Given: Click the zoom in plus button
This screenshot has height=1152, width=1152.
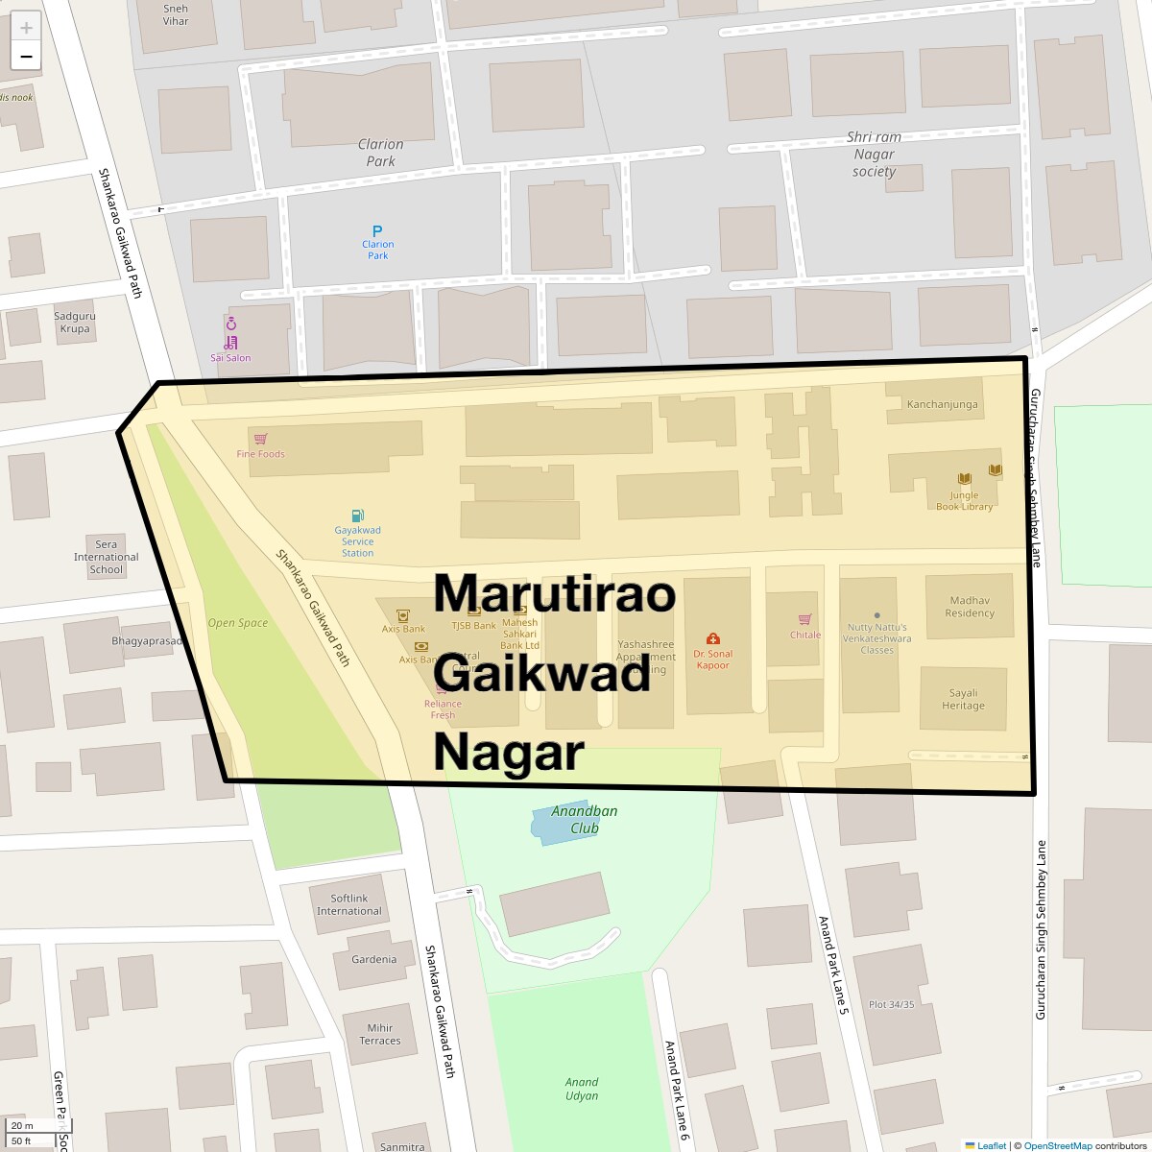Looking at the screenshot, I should pos(26,27).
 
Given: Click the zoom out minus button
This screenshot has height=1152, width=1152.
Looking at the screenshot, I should pos(26,56).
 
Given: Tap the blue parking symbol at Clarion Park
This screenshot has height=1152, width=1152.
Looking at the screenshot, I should pos(377,230).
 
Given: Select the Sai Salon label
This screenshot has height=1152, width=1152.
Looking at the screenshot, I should pos(230,358).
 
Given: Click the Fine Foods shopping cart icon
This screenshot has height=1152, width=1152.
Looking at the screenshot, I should pos(260,439).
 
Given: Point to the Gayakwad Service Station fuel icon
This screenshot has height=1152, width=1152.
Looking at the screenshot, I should pos(357,516).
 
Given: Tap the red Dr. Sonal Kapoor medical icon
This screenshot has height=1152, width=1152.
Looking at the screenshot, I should pos(712,638).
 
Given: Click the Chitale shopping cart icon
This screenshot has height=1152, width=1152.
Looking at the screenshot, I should pos(804,619).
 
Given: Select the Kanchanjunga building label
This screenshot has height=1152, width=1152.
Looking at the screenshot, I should pos(942,404).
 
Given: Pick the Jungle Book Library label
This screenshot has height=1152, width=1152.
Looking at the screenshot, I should pos(964,501).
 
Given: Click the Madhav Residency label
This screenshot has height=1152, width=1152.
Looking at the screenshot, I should pos(969,607).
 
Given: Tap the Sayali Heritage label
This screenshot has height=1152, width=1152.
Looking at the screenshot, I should pos(963,699).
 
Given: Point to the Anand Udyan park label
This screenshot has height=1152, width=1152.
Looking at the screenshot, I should pos(581,1089).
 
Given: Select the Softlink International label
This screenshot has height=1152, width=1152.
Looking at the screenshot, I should pos(348,904).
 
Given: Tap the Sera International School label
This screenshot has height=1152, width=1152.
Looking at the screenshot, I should pos(106,557).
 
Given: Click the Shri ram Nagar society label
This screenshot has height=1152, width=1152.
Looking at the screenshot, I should pos(874,155).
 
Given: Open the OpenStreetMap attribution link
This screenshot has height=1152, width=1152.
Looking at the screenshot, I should pos(1057,1145).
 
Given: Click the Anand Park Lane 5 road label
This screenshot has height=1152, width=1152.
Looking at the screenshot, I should pos(831,966).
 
